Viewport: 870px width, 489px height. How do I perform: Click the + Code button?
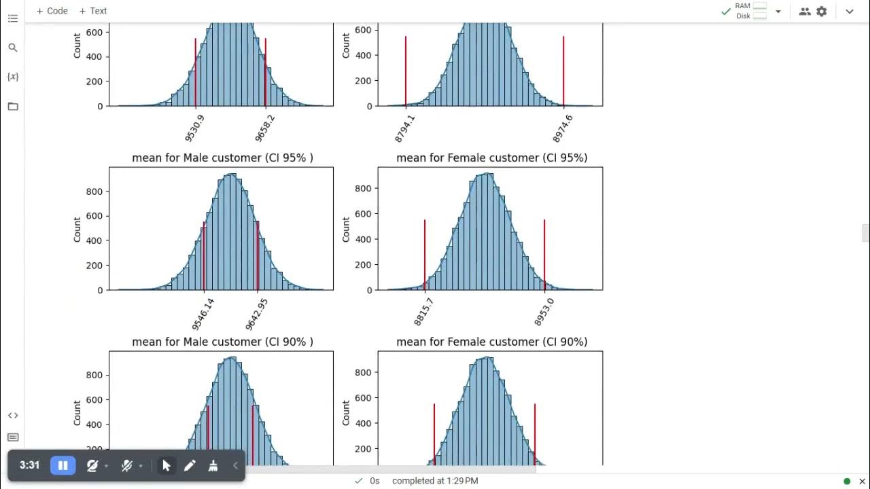click(52, 11)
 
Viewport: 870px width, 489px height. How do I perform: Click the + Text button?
click(92, 11)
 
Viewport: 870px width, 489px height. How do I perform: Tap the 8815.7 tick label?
click(423, 311)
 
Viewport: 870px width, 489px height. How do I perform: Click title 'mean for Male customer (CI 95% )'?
click(222, 158)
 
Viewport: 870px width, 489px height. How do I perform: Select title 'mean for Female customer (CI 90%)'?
click(491, 342)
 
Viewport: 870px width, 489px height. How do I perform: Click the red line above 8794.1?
click(406, 68)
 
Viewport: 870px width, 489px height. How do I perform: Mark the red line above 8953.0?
click(544, 251)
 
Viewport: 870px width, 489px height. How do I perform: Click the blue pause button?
click(63, 465)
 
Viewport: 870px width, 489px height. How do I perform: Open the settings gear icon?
click(821, 12)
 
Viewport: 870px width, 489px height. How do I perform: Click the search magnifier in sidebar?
click(13, 48)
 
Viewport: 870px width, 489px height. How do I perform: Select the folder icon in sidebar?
click(13, 106)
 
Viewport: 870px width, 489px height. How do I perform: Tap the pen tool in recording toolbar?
click(190, 465)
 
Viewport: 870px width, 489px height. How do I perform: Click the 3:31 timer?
click(29, 465)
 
